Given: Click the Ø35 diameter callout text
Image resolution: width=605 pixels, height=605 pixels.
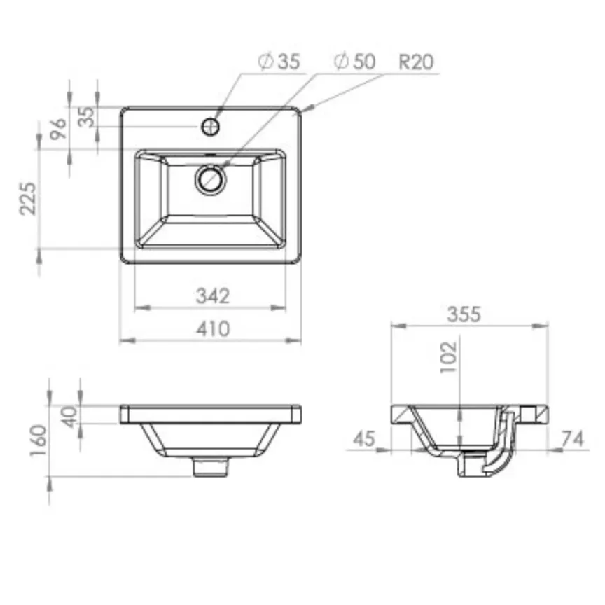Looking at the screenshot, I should click(279, 62).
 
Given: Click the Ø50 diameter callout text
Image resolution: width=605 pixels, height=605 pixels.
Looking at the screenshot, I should click(355, 62).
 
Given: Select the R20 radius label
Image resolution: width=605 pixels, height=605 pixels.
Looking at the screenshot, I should click(416, 62).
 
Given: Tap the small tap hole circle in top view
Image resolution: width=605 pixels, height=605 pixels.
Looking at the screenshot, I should click(211, 127).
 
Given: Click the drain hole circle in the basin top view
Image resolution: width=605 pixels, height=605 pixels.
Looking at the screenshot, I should click(210, 179).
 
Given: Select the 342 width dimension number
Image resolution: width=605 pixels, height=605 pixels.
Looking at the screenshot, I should click(211, 296).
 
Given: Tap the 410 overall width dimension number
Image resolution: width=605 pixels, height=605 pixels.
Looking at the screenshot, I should click(211, 328).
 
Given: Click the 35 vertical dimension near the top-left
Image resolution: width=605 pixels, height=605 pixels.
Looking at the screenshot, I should click(85, 117).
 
